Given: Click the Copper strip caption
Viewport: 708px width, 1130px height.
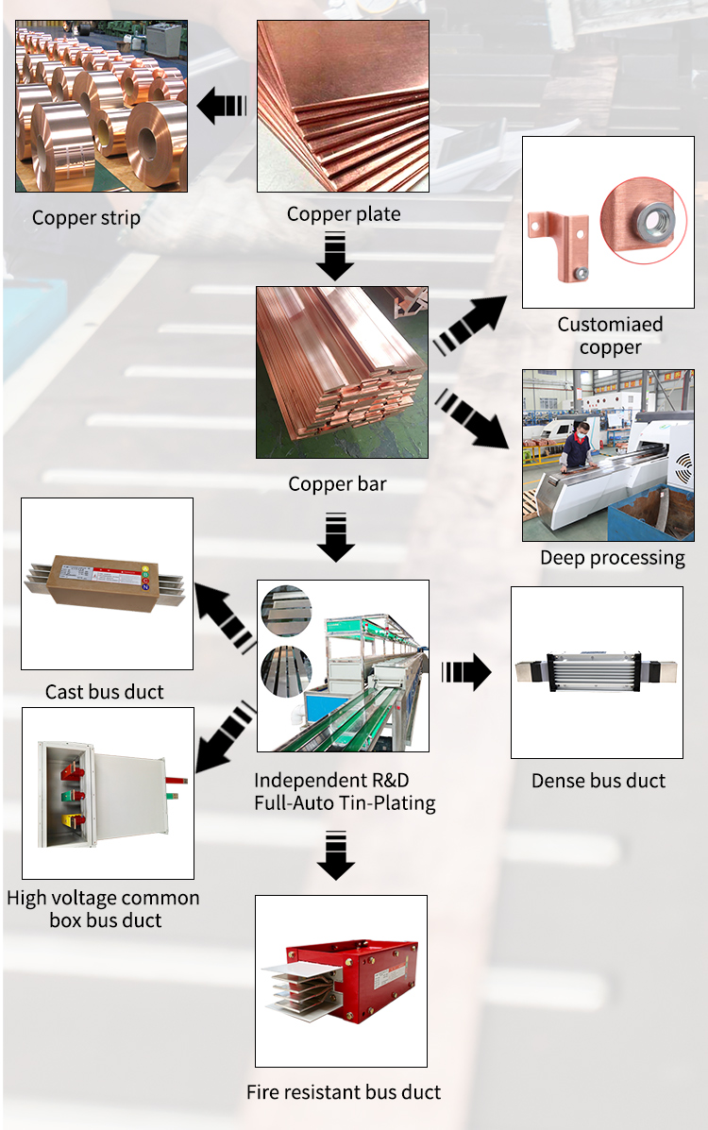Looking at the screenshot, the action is (87, 218).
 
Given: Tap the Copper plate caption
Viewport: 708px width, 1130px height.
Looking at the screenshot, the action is (344, 214).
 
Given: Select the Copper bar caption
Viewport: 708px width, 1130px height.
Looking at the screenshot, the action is (337, 483).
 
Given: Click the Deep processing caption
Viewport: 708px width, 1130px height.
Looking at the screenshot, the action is (613, 558).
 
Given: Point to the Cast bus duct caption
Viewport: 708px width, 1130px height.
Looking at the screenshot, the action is (105, 692).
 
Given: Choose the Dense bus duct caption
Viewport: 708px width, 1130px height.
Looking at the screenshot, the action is (598, 781).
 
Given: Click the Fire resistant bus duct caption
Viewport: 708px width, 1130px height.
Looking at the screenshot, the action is (344, 1092).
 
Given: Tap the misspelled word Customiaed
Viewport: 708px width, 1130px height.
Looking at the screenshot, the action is (610, 325).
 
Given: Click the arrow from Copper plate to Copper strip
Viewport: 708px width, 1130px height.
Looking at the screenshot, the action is (221, 105).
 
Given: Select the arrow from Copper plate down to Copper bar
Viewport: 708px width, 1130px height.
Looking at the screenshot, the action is (334, 256).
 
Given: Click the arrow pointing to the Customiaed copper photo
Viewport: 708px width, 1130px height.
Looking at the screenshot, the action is (470, 325).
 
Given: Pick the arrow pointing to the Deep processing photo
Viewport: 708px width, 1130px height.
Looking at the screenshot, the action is (471, 419).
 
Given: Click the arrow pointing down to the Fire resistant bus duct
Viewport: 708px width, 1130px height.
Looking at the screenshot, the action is (336, 855).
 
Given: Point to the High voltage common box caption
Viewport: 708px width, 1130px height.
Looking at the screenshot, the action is (103, 909).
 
